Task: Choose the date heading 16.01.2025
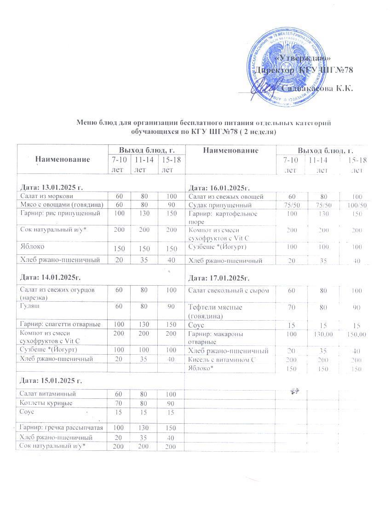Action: pyautogui.click(x=219, y=188)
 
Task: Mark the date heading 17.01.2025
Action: pyautogui.click(x=219, y=278)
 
